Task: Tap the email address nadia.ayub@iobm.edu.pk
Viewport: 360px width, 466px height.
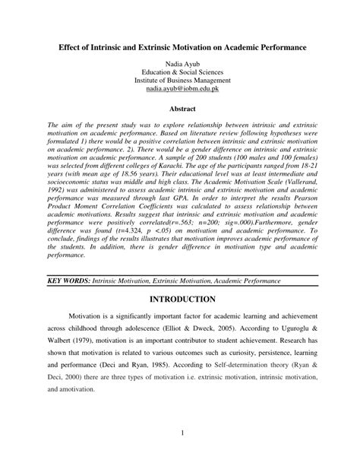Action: point(180,88)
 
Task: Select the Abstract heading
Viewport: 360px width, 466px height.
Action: point(180,109)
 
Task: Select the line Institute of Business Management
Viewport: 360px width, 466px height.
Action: point(180,79)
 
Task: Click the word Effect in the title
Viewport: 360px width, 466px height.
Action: point(72,46)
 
